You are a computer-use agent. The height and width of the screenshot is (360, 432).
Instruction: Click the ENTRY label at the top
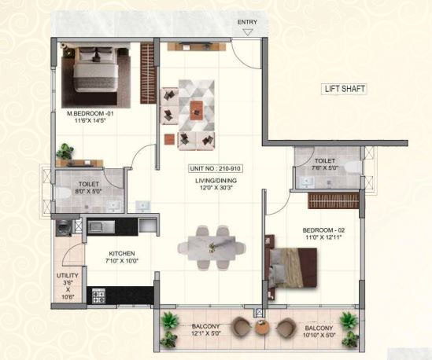pyautogui.click(x=247, y=22)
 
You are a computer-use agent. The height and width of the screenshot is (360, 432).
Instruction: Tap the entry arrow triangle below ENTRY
pyautogui.click(x=248, y=32)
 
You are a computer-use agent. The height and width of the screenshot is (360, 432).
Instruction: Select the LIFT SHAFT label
pyautogui.click(x=345, y=89)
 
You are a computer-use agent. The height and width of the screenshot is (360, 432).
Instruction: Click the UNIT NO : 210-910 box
pyautogui.click(x=215, y=168)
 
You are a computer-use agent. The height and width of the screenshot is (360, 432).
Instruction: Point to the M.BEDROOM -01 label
pyautogui.click(x=90, y=113)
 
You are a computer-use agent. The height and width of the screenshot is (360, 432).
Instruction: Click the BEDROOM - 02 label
pyautogui.click(x=323, y=230)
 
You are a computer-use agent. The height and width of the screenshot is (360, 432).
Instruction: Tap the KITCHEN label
pyautogui.click(x=122, y=253)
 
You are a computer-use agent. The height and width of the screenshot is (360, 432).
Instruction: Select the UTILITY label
pyautogui.click(x=68, y=276)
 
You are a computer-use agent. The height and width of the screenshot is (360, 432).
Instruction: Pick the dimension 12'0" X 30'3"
pyautogui.click(x=216, y=188)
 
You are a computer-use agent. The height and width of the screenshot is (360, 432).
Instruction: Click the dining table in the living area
pyautogui.click(x=212, y=248)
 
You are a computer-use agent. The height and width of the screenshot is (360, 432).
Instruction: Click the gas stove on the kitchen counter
pyautogui.click(x=98, y=296)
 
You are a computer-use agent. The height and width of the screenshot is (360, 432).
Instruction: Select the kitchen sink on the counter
pyautogui.click(x=101, y=227)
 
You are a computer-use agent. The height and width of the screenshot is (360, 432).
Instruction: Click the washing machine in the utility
pyautogui.click(x=64, y=228)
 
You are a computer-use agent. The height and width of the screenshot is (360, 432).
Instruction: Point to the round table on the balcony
pyautogui.click(x=262, y=328)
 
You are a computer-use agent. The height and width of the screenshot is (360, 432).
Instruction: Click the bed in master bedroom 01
pyautogui.click(x=95, y=69)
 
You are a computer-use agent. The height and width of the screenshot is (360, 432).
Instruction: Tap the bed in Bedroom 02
pyautogui.click(x=292, y=268)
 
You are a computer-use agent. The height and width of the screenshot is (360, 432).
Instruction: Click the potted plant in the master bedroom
pyautogui.click(x=65, y=151)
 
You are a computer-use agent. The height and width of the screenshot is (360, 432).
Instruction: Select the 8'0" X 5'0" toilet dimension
pyautogui.click(x=89, y=191)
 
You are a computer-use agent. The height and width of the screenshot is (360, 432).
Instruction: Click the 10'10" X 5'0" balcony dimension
pyautogui.click(x=319, y=335)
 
